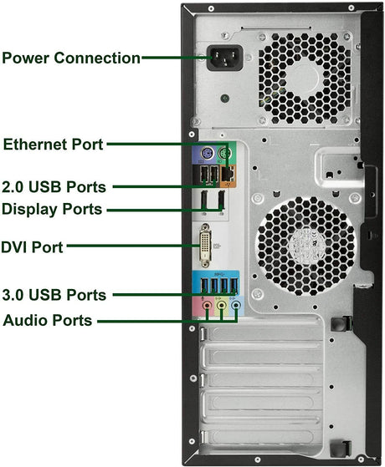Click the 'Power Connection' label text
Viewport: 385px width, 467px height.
coord(71,58)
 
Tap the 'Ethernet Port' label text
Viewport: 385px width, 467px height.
coord(53,145)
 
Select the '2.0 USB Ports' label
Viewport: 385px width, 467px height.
coord(54,187)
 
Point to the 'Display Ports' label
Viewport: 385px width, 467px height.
coord(52,209)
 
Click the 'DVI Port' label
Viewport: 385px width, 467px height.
coord(32,247)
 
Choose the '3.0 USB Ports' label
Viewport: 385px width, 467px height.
coord(54,295)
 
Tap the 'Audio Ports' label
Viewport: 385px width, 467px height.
coord(48,321)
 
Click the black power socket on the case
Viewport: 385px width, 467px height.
coord(225,58)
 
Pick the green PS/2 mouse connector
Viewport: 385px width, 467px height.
coord(225,155)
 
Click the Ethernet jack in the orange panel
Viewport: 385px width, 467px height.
coord(228,173)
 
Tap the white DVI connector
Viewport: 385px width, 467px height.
coord(205,246)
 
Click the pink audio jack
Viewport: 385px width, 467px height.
coord(207,305)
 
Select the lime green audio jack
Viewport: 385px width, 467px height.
coord(221,305)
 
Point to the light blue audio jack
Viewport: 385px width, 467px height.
coord(236,305)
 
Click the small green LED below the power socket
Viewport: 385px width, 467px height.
coord(225,99)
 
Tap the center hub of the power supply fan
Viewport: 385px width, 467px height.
coord(305,78)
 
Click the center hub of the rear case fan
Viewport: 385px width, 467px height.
coord(306,245)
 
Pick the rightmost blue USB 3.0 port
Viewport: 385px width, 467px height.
coord(234,285)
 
